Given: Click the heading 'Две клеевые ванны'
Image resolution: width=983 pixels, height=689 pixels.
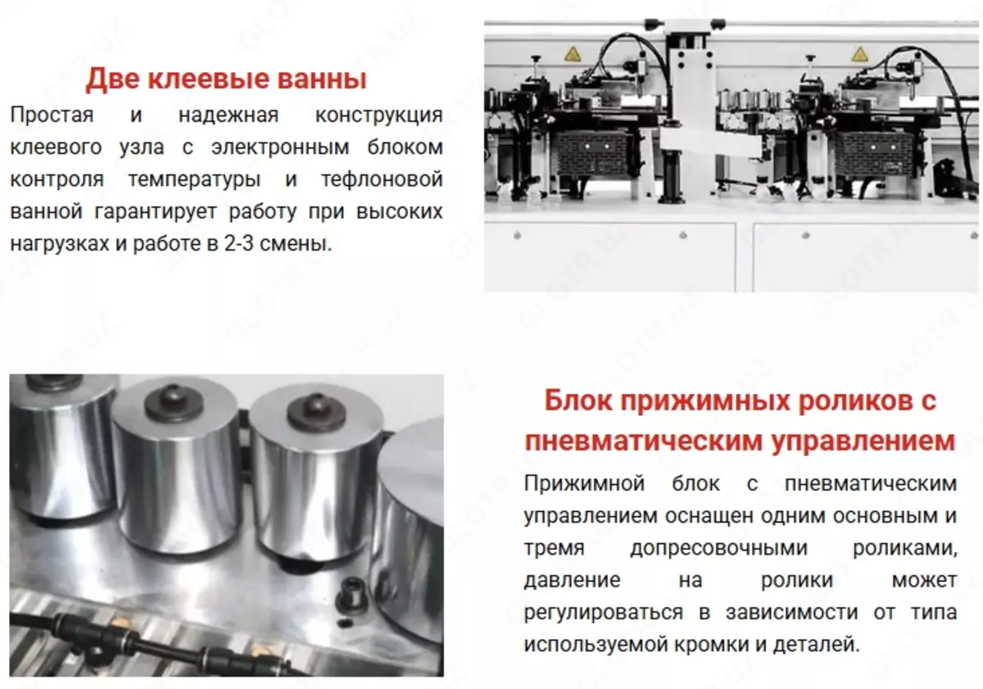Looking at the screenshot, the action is point(226,79).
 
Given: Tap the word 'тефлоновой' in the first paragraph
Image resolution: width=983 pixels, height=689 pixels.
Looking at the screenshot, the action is point(382,179).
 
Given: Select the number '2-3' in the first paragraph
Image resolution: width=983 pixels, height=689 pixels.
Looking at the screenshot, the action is point(238,243).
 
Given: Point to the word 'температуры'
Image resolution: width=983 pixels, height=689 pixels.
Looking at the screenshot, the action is point(194,180).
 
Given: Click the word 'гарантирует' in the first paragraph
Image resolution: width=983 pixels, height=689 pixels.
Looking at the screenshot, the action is point(156,212).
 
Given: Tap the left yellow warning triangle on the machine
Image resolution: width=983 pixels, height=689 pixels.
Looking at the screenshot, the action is point(573,54).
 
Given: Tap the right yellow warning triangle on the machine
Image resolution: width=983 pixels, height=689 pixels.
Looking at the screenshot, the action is point(859,54).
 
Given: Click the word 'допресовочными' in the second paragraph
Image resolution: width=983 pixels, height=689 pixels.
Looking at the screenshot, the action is point(719,549).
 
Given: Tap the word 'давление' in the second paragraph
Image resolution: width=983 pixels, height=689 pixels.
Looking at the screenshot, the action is point(573,580).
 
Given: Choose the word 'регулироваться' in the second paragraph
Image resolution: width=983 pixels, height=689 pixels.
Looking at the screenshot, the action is point(604,613).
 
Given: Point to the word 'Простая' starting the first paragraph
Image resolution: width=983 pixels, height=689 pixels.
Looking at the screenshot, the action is point(52,116).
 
